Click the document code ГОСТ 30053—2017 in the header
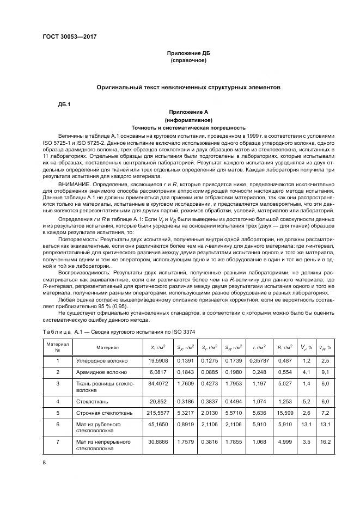(x=73, y=38)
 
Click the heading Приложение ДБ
(x=188, y=53)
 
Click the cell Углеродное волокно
(x=101, y=360)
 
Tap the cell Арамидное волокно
(x=101, y=372)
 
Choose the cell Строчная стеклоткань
(x=103, y=413)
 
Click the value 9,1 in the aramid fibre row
(x=326, y=372)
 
